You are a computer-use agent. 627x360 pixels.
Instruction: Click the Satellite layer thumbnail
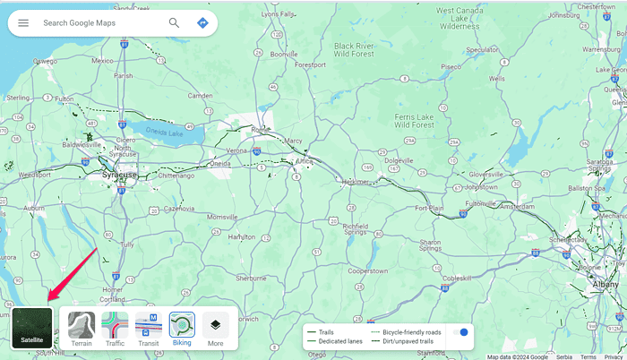32,328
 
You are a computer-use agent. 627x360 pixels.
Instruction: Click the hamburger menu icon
23,22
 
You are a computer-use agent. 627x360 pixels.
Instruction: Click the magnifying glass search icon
174,22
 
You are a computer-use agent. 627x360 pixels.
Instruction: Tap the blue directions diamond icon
202,22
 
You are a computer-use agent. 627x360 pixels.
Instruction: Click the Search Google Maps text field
99,22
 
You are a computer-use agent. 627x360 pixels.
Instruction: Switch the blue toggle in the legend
460,332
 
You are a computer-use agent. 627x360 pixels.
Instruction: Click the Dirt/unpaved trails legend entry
408,341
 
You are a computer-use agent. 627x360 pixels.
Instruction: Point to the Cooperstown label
366,270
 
